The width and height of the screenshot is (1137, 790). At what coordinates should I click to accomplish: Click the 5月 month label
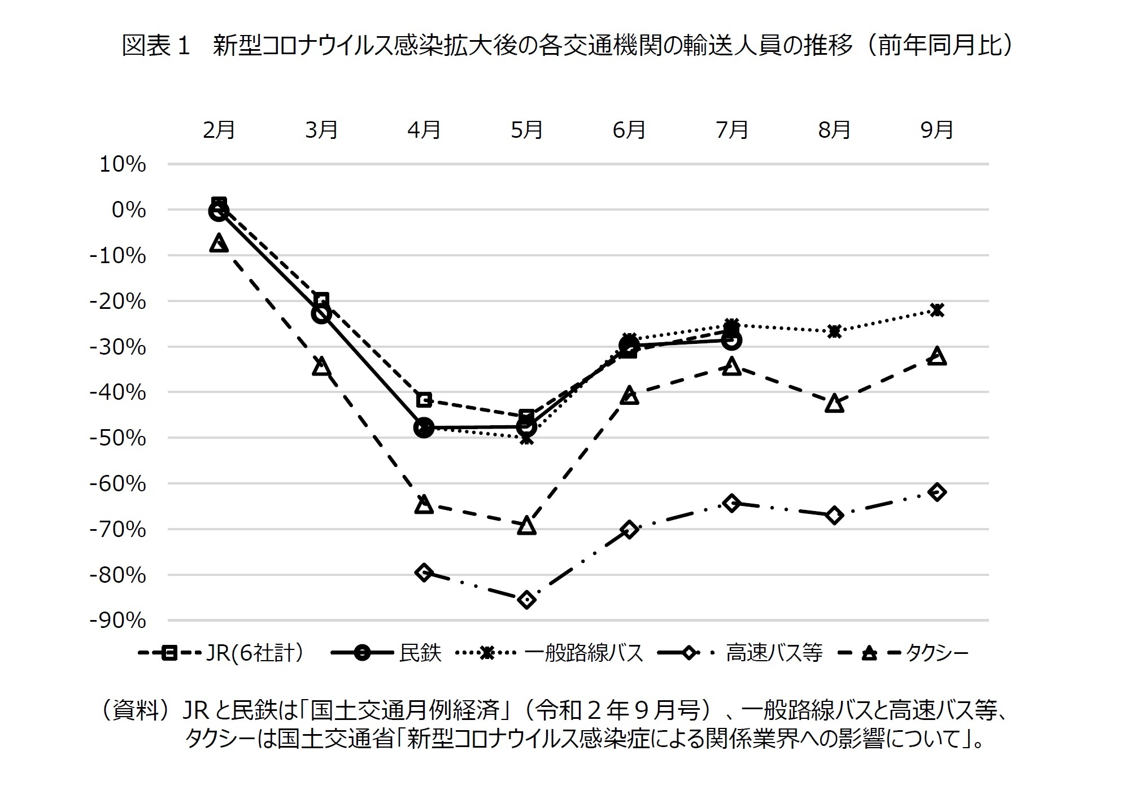(x=526, y=130)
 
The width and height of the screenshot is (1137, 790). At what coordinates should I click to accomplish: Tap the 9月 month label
(x=936, y=130)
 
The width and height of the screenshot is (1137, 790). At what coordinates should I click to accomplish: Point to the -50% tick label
(x=117, y=438)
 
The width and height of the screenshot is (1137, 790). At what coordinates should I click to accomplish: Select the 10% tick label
(x=123, y=164)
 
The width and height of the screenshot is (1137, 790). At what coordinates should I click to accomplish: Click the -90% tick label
(x=117, y=621)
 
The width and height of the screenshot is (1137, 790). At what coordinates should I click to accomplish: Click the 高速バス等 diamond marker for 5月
(x=526, y=599)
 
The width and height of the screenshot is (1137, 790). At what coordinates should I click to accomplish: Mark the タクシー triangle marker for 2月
(x=219, y=244)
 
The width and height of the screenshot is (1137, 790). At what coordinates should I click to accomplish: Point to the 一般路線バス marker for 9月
(x=936, y=310)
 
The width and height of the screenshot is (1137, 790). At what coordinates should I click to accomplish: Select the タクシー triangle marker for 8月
(x=834, y=404)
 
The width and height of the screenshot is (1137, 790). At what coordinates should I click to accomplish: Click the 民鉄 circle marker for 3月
(x=321, y=313)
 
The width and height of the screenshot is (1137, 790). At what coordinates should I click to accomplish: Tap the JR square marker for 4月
(x=424, y=400)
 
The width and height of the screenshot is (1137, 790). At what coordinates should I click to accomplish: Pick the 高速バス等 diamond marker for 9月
(x=936, y=492)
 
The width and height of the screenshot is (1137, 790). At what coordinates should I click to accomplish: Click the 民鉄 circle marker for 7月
(x=732, y=340)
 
